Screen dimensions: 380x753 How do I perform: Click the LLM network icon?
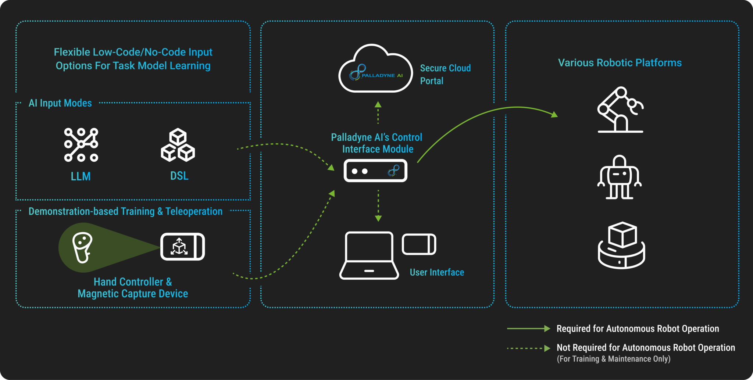point(81,145)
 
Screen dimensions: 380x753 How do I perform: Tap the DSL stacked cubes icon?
point(178,145)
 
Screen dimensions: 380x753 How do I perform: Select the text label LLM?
point(81,176)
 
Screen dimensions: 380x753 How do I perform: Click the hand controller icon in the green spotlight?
point(82,247)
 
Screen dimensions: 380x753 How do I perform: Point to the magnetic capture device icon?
point(182,247)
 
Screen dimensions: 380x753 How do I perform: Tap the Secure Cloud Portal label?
point(445,74)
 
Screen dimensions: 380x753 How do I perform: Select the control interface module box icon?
point(375,171)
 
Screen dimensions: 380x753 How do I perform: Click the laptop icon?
point(369,255)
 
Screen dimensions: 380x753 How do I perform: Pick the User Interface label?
point(437,272)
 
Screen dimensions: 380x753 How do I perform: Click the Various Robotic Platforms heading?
point(620,63)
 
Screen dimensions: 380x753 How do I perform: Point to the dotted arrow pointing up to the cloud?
point(378,113)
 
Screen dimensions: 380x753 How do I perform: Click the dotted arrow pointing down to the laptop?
point(378,206)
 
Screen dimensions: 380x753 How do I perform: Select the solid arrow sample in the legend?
point(528,329)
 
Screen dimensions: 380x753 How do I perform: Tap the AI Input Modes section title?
point(60,103)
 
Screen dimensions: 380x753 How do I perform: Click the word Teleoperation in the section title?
point(194,211)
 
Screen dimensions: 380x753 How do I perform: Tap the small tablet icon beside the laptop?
point(419,244)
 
